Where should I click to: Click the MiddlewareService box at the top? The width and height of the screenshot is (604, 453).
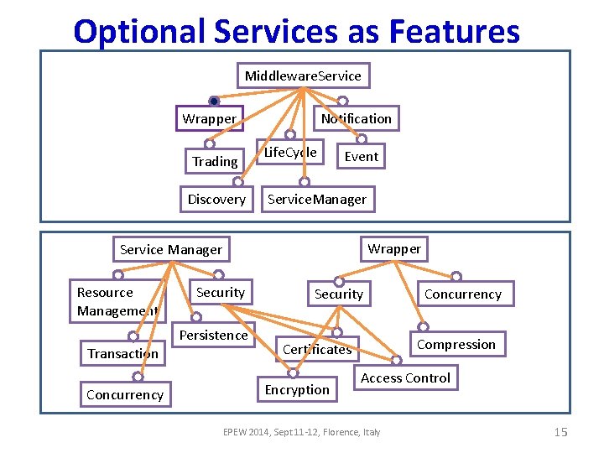click(x=303, y=76)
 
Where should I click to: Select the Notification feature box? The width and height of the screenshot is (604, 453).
click(x=356, y=119)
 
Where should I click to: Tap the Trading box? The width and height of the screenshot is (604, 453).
click(x=215, y=161)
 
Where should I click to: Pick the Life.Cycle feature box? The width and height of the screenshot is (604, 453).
click(x=290, y=153)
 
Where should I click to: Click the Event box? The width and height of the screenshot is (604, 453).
click(x=361, y=157)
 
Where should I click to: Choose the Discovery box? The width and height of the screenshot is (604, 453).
click(x=216, y=200)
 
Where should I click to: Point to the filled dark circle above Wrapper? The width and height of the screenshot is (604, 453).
click(x=214, y=102)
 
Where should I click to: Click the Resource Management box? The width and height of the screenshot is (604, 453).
click(x=117, y=302)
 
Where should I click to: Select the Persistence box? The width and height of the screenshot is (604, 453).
click(x=213, y=336)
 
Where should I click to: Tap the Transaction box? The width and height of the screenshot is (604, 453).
click(x=122, y=354)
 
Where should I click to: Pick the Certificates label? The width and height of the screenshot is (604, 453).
click(x=317, y=350)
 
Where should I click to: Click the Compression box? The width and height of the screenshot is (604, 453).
click(x=456, y=345)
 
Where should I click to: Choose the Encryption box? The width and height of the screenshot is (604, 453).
click(x=297, y=390)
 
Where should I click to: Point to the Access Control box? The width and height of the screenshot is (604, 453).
click(x=405, y=378)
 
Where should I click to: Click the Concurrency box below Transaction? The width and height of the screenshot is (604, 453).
click(x=124, y=395)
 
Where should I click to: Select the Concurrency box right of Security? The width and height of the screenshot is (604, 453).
click(x=462, y=294)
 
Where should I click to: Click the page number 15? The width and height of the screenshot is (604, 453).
click(x=561, y=432)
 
